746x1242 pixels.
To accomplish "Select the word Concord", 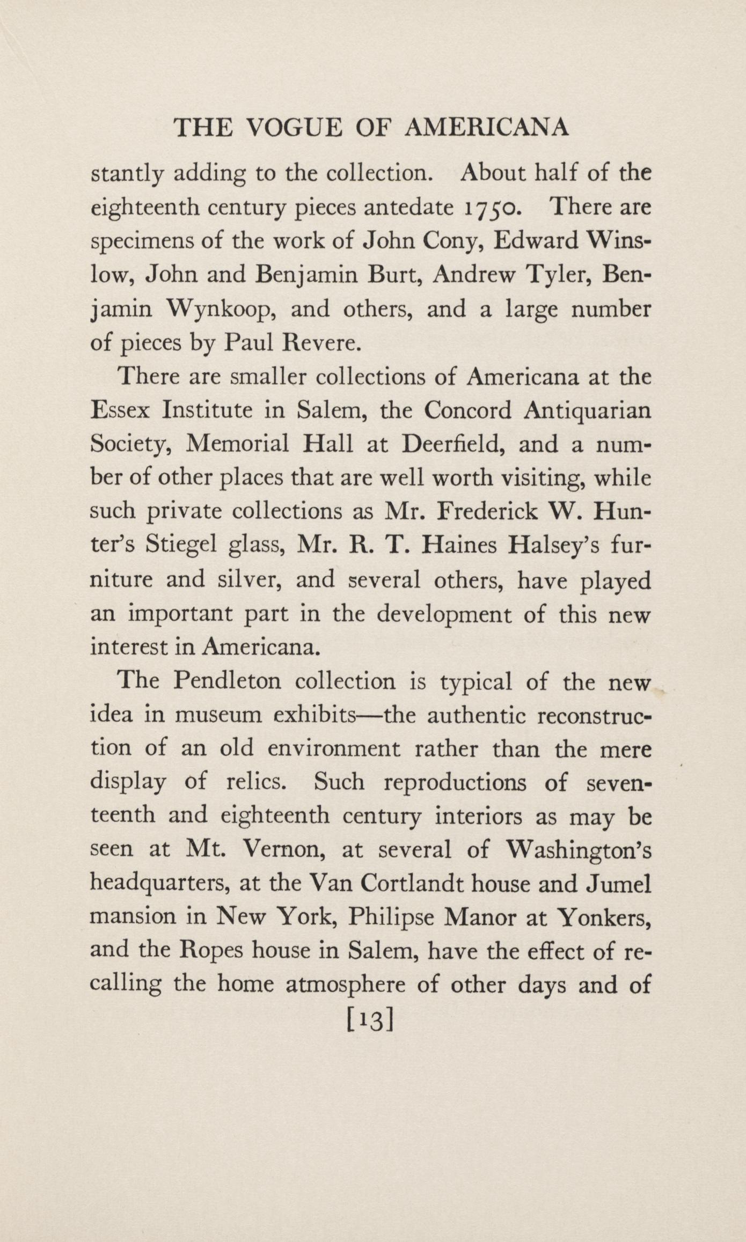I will pyautogui.click(x=467, y=410).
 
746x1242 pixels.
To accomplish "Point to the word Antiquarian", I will pyautogui.click(x=587, y=411).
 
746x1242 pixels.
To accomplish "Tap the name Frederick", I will pyautogui.click(x=488, y=511).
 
